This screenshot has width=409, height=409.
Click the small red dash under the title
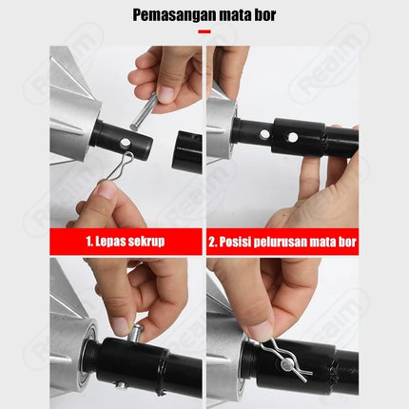coord(204,31)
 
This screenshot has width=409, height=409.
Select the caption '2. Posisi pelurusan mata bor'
coord(282,241)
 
